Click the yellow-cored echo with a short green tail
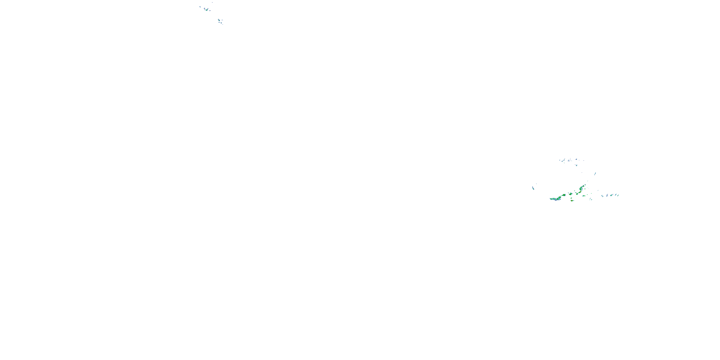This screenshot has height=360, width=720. pyautogui.click(x=572, y=201)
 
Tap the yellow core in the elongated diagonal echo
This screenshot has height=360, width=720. pyautogui.click(x=581, y=192)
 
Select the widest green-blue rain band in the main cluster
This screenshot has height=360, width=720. pyautogui.click(x=555, y=199)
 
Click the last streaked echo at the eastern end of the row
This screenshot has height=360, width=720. pyautogui.click(x=618, y=195)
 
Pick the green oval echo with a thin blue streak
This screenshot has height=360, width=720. pyautogui.click(x=612, y=195)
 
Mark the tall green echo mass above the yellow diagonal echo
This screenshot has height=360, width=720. pyautogui.click(x=581, y=188)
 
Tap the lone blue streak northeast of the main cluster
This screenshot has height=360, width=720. pyautogui.click(x=595, y=173)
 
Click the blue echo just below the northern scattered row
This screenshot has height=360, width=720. pyautogui.click(x=577, y=165)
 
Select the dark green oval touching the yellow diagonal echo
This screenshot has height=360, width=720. pyautogui.click(x=577, y=194)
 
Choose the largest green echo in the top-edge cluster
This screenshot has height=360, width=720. pyautogui.click(x=207, y=10)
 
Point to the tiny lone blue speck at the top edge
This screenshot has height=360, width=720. pyautogui.click(x=212, y=2)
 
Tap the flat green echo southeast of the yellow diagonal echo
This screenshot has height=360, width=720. pyautogui.click(x=584, y=196)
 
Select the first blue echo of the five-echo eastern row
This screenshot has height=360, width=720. pyautogui.click(x=602, y=196)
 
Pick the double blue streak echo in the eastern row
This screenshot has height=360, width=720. pyautogui.click(x=607, y=195)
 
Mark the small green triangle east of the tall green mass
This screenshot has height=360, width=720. pyautogui.click(x=585, y=189)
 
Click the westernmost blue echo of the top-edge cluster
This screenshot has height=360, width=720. pyautogui.click(x=200, y=7)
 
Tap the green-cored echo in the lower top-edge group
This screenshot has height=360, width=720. pyautogui.click(x=219, y=20)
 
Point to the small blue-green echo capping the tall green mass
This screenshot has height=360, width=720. pyautogui.click(x=585, y=185)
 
